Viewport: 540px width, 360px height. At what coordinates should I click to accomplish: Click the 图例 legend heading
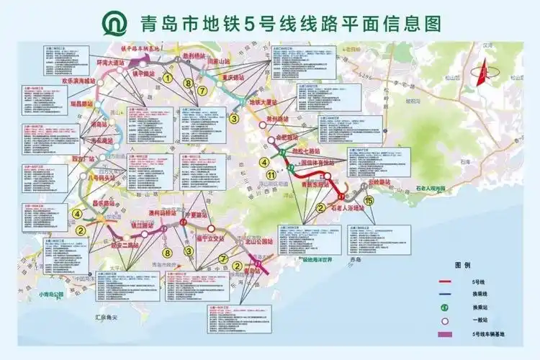tap(462, 265)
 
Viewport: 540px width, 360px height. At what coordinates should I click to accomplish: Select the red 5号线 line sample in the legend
tap(444, 282)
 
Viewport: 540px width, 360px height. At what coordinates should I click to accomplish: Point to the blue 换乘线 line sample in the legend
tap(444, 294)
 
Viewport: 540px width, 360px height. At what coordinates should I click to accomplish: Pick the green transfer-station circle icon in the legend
tap(444, 308)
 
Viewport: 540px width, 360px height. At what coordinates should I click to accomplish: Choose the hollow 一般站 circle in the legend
tap(444, 321)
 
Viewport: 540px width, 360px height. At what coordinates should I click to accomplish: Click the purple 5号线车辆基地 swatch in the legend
tap(444, 334)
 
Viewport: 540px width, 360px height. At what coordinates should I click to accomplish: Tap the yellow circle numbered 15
tap(369, 201)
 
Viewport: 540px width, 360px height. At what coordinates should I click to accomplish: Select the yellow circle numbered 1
tap(168, 79)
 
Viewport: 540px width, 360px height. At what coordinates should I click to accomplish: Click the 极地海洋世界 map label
tap(315, 259)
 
